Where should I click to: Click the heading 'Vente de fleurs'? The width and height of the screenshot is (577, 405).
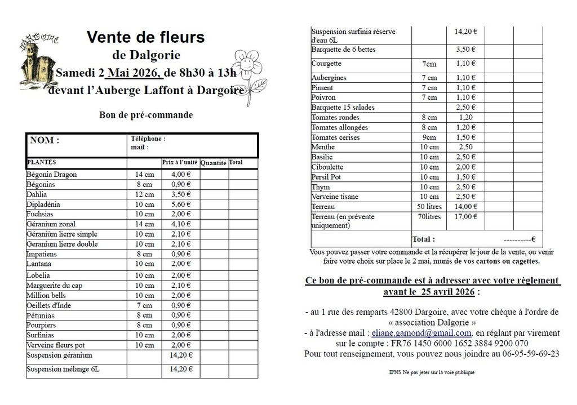[x=145, y=38]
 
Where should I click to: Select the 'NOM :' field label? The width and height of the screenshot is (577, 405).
[x=45, y=140]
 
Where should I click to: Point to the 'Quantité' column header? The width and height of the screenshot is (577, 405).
[x=214, y=163]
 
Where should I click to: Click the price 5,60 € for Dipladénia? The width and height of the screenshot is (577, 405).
[x=180, y=204]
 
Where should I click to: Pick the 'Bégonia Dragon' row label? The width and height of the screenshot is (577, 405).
[x=52, y=175]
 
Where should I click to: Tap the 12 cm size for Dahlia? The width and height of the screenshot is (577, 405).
[x=144, y=194]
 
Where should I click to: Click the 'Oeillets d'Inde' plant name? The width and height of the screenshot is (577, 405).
[x=49, y=305]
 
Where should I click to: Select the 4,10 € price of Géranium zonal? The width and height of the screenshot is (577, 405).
[x=180, y=224]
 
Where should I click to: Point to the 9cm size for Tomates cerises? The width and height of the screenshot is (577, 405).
[x=429, y=137]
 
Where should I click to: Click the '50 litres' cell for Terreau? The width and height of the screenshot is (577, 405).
[x=429, y=207]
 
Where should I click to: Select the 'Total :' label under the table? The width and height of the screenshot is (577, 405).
[x=424, y=239]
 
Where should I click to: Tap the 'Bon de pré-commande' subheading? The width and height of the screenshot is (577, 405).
[x=146, y=115]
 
